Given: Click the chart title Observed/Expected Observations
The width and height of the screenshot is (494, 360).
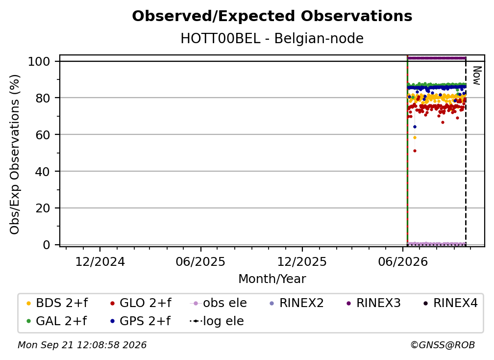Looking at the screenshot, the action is pos(272,16).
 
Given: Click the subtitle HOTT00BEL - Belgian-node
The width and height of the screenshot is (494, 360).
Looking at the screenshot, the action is pos(272,38).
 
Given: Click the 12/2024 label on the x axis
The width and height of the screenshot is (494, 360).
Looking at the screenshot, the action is pos(100,262).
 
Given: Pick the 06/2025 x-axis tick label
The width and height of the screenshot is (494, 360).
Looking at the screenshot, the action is pos(201,262).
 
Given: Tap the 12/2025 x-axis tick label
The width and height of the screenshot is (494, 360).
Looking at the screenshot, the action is pos(302,262).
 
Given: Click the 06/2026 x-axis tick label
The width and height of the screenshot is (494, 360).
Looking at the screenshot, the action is pos(403,262).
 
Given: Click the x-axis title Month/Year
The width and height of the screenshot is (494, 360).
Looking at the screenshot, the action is pos(272,279).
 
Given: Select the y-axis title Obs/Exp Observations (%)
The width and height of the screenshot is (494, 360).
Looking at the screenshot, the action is pos(15,154).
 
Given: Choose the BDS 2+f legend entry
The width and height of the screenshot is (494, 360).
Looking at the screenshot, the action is pos(57,303).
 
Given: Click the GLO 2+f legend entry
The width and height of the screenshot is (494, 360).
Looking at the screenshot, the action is pos(141,303).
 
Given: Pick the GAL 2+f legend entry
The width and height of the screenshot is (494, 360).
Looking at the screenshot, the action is pos(57,321).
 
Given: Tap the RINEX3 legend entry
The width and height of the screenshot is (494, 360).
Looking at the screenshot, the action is pos(373,303).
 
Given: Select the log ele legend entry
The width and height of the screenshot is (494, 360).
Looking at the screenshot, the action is pos(217,321).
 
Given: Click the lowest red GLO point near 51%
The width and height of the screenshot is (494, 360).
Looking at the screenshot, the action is pos(415,151).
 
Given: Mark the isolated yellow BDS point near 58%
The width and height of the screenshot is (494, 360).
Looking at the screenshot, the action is pos(415,137).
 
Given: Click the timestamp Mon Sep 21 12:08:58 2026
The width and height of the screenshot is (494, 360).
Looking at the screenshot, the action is pos(82,345).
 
